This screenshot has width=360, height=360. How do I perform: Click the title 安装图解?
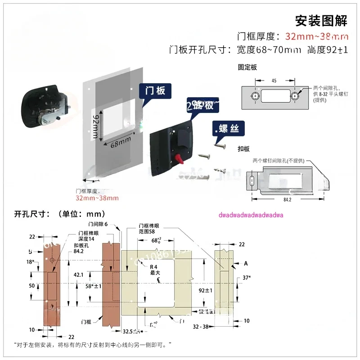(x=321, y=21)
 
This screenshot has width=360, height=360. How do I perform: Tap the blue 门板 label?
(x=155, y=90)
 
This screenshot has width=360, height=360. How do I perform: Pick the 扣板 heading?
(x=244, y=148)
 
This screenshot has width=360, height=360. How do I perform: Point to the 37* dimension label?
(x=246, y=278)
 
